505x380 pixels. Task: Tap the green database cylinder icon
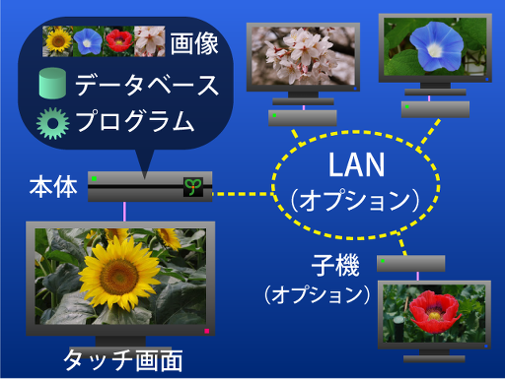52,84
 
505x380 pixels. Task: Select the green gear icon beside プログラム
52,123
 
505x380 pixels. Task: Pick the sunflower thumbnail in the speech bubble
59,40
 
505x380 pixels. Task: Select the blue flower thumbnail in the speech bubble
89,40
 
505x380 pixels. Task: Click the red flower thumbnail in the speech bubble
118,40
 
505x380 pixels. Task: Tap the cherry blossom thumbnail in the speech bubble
149,40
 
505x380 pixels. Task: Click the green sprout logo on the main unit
192,187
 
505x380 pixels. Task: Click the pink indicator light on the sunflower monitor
206,330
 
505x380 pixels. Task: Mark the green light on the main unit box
94,178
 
